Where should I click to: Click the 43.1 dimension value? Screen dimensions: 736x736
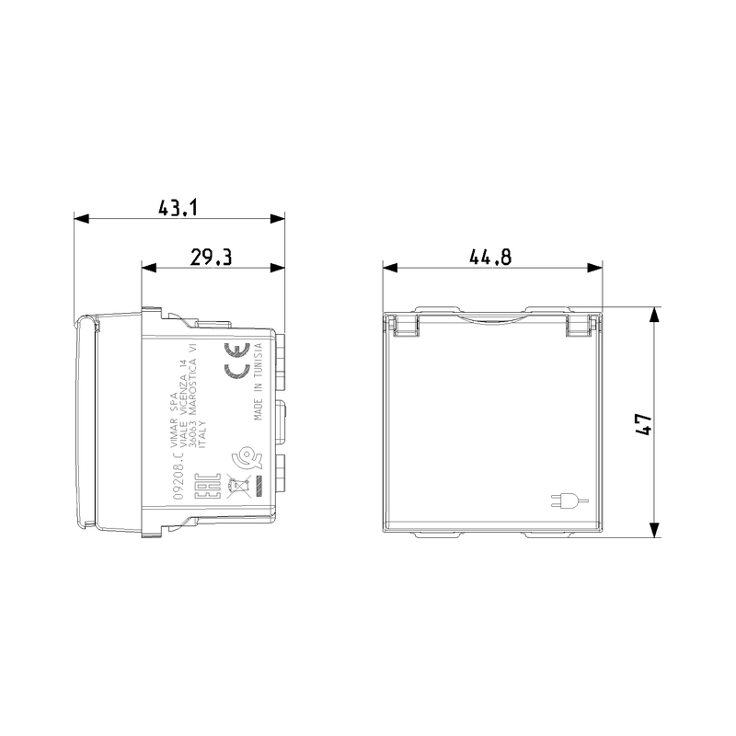coord(178,208)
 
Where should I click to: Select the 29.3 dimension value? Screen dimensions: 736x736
coord(211,257)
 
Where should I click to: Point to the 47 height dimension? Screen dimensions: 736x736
coord(644,423)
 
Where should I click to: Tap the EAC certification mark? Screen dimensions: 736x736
coord(208,486)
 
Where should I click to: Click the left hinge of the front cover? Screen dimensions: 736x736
coord(403,323)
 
